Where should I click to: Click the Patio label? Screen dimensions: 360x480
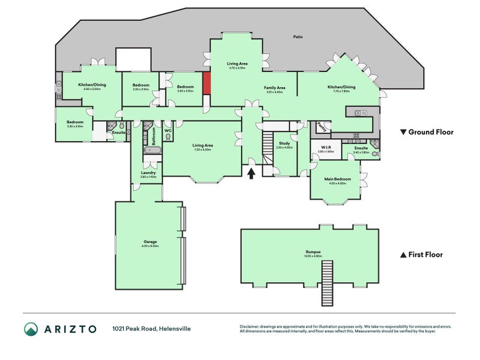pos(298,37)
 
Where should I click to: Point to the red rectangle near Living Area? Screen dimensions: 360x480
pos(206,83)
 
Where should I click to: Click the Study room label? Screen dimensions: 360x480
pos(284,143)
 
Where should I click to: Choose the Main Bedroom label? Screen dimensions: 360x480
pos(338,179)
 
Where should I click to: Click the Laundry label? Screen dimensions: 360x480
pos(148,173)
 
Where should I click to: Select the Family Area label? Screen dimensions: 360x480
pos(274,88)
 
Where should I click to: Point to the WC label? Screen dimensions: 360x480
pos(168,130)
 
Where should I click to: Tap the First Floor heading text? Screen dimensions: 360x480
pos(425,254)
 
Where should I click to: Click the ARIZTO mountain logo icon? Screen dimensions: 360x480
pos(31,328)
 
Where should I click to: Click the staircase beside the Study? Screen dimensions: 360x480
pos(266,150)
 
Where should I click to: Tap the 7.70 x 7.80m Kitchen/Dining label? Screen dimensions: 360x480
pos(341,87)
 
